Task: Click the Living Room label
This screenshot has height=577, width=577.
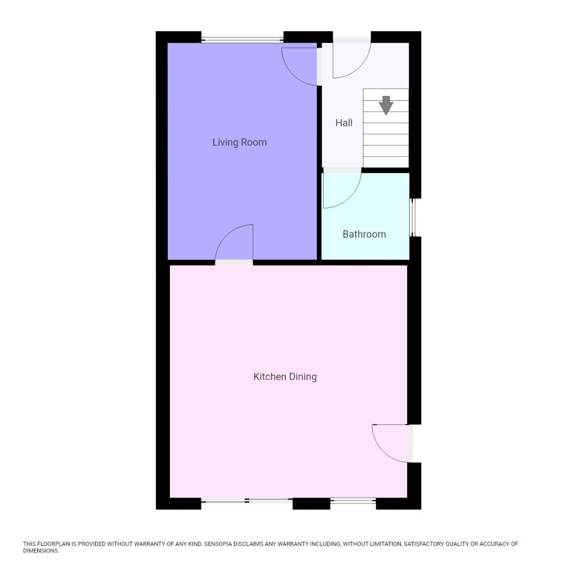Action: tap(239, 142)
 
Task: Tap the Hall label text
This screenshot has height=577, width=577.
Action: tap(344, 123)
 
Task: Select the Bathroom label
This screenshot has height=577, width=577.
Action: tap(364, 234)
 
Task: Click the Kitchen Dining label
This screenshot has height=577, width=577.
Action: tap(285, 377)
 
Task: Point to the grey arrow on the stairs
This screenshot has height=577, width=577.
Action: tap(386, 105)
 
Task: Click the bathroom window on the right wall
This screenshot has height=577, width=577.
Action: tap(412, 217)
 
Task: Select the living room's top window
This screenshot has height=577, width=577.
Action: tap(242, 39)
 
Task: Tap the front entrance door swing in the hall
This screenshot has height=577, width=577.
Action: tap(352, 58)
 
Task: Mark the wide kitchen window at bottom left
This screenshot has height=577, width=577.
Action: tap(247, 501)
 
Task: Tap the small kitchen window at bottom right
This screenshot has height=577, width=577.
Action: tap(353, 501)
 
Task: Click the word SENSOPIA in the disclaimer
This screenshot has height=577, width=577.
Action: tap(223, 544)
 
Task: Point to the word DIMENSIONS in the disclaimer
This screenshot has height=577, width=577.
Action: tap(40, 551)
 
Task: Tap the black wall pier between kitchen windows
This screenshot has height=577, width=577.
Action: tap(311, 503)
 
